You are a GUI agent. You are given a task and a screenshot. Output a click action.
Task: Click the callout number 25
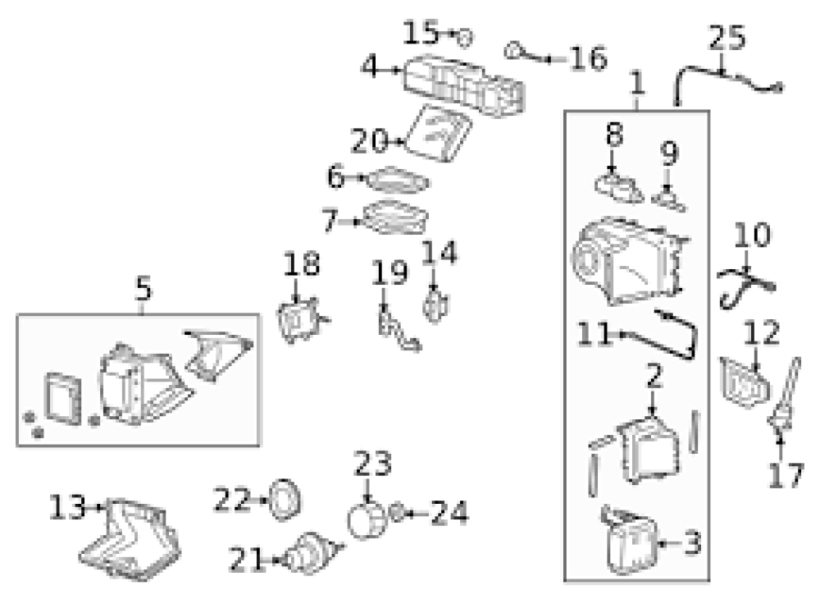point(727,37)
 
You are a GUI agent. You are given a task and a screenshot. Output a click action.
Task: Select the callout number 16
point(588,58)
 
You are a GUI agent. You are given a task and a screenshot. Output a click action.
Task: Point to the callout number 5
point(143,289)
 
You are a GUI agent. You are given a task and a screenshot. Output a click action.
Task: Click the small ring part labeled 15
point(464,38)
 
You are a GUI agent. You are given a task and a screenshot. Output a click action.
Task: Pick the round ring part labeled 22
point(285,500)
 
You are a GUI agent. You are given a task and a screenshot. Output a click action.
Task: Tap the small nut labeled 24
point(398,512)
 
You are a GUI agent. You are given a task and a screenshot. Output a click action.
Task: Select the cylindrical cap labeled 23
point(367,520)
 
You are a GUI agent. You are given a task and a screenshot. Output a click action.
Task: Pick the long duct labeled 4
point(463,85)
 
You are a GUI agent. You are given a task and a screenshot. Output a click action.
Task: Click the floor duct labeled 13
point(130,539)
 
